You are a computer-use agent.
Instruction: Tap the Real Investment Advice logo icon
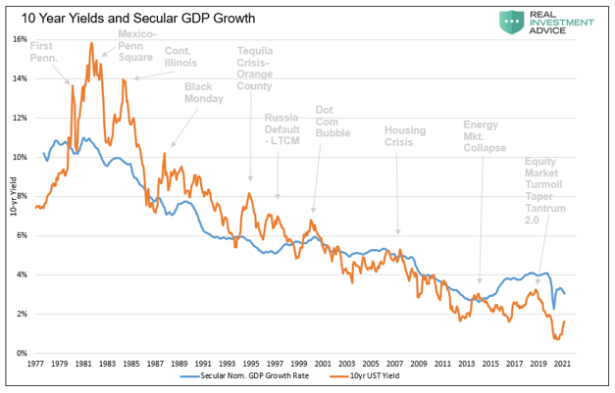pyautogui.click(x=509, y=21)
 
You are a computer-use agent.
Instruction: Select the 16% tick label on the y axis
pyautogui.click(x=19, y=39)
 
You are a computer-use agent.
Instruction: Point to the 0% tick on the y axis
pyautogui.click(x=21, y=353)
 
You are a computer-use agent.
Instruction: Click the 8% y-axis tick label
pyautogui.click(x=21, y=196)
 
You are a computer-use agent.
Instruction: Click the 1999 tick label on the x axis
pyautogui.click(x=305, y=363)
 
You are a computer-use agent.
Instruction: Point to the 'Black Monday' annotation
pyautogui.click(x=204, y=92)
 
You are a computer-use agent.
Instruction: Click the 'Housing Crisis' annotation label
pyautogui.click(x=405, y=136)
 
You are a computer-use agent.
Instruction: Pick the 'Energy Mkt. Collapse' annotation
pyautogui.click(x=485, y=136)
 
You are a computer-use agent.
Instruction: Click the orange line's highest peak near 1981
pyautogui.click(x=91, y=43)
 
